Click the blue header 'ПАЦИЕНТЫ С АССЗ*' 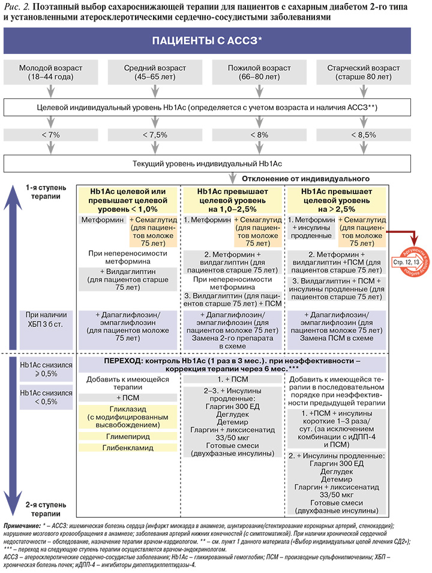[207, 41]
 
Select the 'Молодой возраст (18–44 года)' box [51, 73]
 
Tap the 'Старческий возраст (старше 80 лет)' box [363, 73]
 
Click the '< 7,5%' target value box [155, 135]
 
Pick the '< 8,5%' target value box [363, 135]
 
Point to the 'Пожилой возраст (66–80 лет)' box [259, 73]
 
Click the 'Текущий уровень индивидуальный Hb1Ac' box [207, 164]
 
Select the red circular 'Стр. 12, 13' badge [412, 262]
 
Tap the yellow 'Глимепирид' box [128, 436]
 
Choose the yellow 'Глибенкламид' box [128, 448]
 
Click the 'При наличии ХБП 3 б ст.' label [46, 319]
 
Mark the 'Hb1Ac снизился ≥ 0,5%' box [46, 369]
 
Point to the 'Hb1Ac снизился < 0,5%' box [46, 397]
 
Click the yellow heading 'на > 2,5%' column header [336, 200]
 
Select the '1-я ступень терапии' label [46, 192]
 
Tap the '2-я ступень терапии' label [46, 509]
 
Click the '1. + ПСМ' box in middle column [232, 379]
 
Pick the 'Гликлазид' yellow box [128, 417]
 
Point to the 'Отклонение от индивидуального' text [305, 179]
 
